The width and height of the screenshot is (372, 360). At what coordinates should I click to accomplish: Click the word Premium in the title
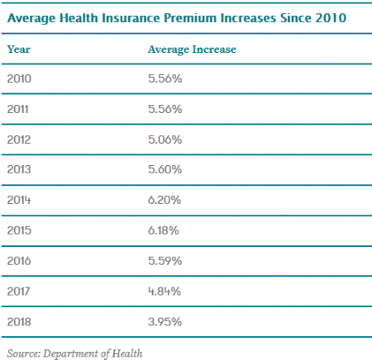click(x=190, y=18)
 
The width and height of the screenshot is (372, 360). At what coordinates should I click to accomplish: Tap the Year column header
click(x=19, y=50)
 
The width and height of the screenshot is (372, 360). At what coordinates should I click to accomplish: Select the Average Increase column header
click(x=192, y=50)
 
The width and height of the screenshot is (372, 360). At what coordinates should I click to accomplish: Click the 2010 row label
click(x=19, y=78)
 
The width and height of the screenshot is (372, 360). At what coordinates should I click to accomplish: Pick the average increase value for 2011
click(x=165, y=109)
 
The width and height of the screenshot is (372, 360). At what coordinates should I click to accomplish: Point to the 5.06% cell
click(x=165, y=140)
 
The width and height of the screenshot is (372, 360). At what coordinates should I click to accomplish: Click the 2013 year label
click(x=19, y=169)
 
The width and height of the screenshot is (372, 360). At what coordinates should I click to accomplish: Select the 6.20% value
click(x=165, y=200)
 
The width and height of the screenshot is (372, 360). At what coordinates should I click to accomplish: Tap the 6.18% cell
click(x=164, y=230)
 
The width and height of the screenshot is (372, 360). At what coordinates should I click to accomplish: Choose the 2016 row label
click(x=19, y=261)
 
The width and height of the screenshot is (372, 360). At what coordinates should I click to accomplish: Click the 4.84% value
click(x=165, y=291)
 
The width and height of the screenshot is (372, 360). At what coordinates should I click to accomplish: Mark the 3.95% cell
click(x=165, y=322)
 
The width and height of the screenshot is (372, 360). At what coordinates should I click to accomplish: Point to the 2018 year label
click(x=19, y=322)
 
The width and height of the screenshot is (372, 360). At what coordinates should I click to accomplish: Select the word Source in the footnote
click(x=24, y=353)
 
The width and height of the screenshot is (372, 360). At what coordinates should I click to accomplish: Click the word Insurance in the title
click(x=131, y=18)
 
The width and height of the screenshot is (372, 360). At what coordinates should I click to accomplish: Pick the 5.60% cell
click(x=165, y=169)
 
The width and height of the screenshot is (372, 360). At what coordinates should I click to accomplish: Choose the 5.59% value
click(x=165, y=261)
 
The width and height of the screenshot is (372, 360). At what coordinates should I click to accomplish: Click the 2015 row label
click(x=19, y=230)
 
